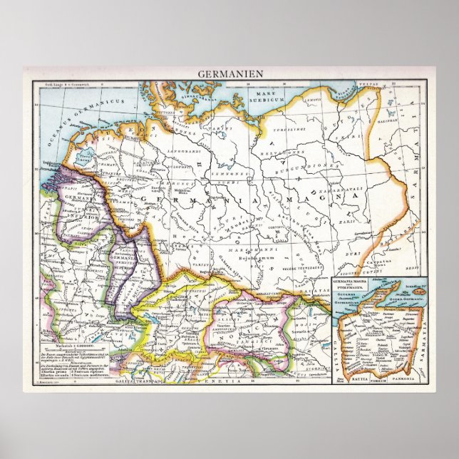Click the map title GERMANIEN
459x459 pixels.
click(229, 73)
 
